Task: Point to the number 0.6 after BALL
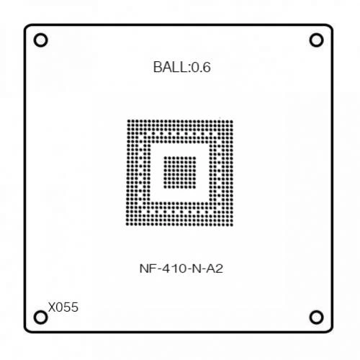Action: (201, 67)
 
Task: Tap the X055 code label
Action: (63, 307)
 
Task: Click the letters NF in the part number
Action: (147, 269)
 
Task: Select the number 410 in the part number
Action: (174, 269)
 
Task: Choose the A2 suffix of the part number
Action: (215, 269)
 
